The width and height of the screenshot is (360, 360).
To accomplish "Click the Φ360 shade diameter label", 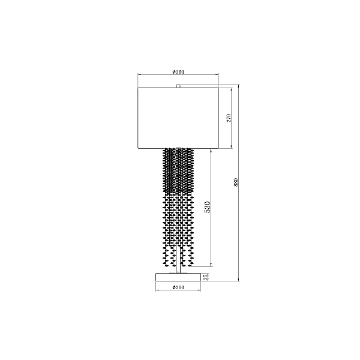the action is (178, 72).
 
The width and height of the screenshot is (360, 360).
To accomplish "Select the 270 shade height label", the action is (229, 118).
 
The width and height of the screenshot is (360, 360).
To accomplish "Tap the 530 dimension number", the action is (208, 207).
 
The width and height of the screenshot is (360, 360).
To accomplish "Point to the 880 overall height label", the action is (236, 182).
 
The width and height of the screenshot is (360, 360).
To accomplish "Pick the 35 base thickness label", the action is (206, 277).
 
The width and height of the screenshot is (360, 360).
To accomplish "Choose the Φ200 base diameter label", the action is (178, 287).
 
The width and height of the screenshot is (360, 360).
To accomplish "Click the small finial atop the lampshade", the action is (178, 86).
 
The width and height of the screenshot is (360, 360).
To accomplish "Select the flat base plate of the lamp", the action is (178, 277).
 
